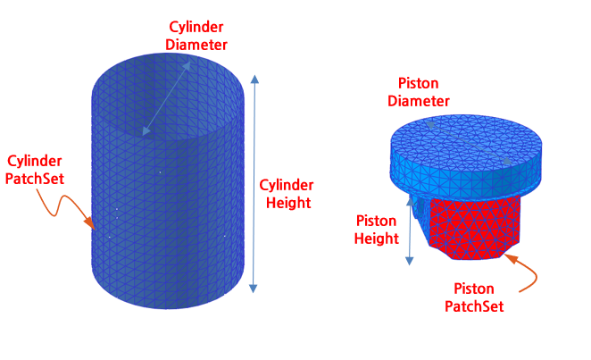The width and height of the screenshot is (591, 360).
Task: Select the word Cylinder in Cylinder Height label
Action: click(x=287, y=185)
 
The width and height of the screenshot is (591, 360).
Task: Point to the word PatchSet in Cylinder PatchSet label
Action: click(x=34, y=179)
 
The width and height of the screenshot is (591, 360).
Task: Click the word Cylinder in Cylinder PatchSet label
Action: click(x=34, y=161)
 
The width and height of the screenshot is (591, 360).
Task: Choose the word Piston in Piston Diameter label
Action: click(x=418, y=84)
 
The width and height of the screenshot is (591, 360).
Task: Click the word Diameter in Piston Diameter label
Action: click(x=418, y=102)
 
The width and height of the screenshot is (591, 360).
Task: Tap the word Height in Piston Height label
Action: click(x=377, y=239)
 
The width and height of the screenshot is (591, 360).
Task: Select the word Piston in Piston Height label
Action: click(x=377, y=221)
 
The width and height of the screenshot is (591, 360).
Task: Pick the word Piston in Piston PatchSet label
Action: click(x=474, y=289)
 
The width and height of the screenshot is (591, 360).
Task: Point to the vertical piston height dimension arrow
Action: click(x=410, y=228)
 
